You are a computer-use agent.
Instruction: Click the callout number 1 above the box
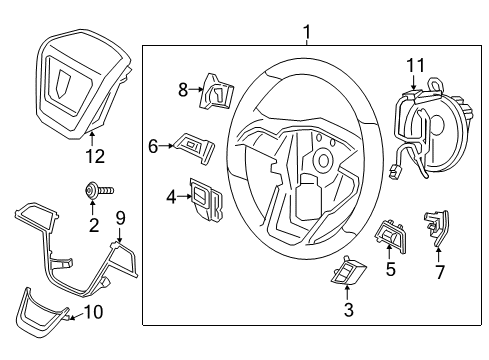pyautogui.click(x=308, y=33)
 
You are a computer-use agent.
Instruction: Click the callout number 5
pyautogui.click(x=390, y=268)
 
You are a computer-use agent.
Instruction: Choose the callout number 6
pyautogui.click(x=153, y=146)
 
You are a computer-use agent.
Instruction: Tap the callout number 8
pyautogui.click(x=183, y=89)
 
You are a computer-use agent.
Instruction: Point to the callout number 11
pyautogui.click(x=413, y=65)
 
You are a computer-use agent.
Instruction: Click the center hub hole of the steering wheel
pyautogui.click(x=323, y=157)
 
